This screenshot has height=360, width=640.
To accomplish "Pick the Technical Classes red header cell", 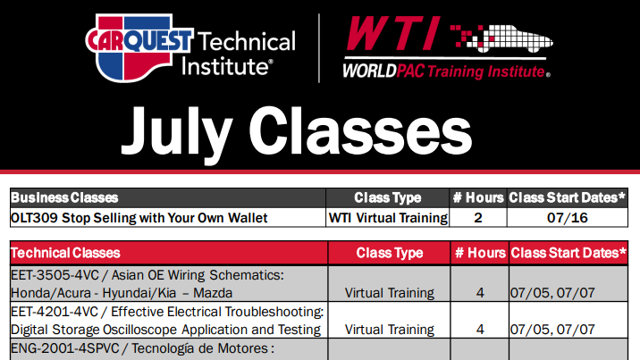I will (66, 253).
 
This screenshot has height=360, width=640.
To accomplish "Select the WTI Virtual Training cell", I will (387, 216).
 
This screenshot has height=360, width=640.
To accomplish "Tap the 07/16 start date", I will (568, 216).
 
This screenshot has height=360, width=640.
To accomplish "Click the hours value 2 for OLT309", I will (478, 216).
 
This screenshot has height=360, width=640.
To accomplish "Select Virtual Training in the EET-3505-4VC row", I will (390, 292).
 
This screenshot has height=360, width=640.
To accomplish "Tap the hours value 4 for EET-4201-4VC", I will (480, 329).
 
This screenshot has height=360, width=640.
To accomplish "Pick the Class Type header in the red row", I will (390, 253).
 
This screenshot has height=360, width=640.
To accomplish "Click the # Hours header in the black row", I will (478, 197).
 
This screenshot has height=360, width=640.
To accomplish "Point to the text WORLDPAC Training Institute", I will (446, 69).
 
